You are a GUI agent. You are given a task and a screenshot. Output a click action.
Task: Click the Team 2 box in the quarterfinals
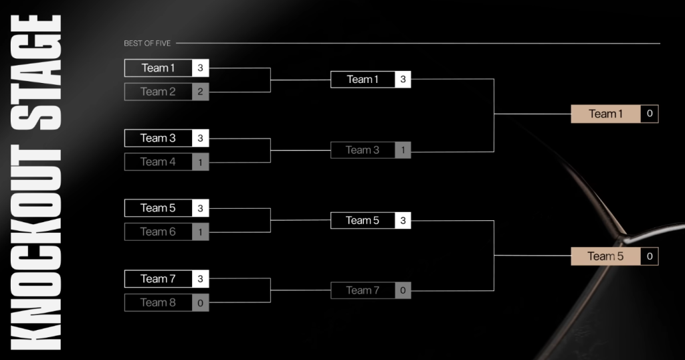[159, 92]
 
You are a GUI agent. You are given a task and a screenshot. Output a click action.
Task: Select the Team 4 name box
[159, 162]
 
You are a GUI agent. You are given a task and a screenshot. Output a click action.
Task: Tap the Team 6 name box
[159, 232]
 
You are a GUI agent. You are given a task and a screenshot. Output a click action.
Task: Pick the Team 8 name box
[159, 302]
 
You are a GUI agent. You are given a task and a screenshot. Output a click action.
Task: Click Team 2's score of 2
[200, 92]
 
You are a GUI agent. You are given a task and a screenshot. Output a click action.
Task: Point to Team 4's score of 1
[200, 162]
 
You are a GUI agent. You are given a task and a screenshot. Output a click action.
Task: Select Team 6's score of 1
[200, 232]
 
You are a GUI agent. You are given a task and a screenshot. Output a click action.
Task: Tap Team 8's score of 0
[200, 302]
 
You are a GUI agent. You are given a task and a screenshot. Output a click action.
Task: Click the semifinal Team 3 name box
[363, 150]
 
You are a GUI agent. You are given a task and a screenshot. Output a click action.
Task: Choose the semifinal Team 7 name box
[363, 290]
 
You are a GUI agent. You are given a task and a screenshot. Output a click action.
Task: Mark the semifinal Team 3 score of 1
[403, 150]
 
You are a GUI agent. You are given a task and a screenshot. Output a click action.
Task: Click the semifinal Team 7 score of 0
[403, 290]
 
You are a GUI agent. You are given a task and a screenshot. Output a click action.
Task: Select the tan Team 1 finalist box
[605, 114]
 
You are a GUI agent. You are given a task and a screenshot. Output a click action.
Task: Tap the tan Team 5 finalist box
[605, 256]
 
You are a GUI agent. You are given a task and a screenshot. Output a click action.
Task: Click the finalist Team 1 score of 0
[649, 114]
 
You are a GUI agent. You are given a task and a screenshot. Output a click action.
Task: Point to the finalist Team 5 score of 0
[649, 256]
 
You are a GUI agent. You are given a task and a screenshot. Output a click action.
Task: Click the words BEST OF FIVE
[147, 43]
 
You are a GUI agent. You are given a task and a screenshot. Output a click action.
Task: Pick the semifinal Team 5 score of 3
[403, 220]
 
